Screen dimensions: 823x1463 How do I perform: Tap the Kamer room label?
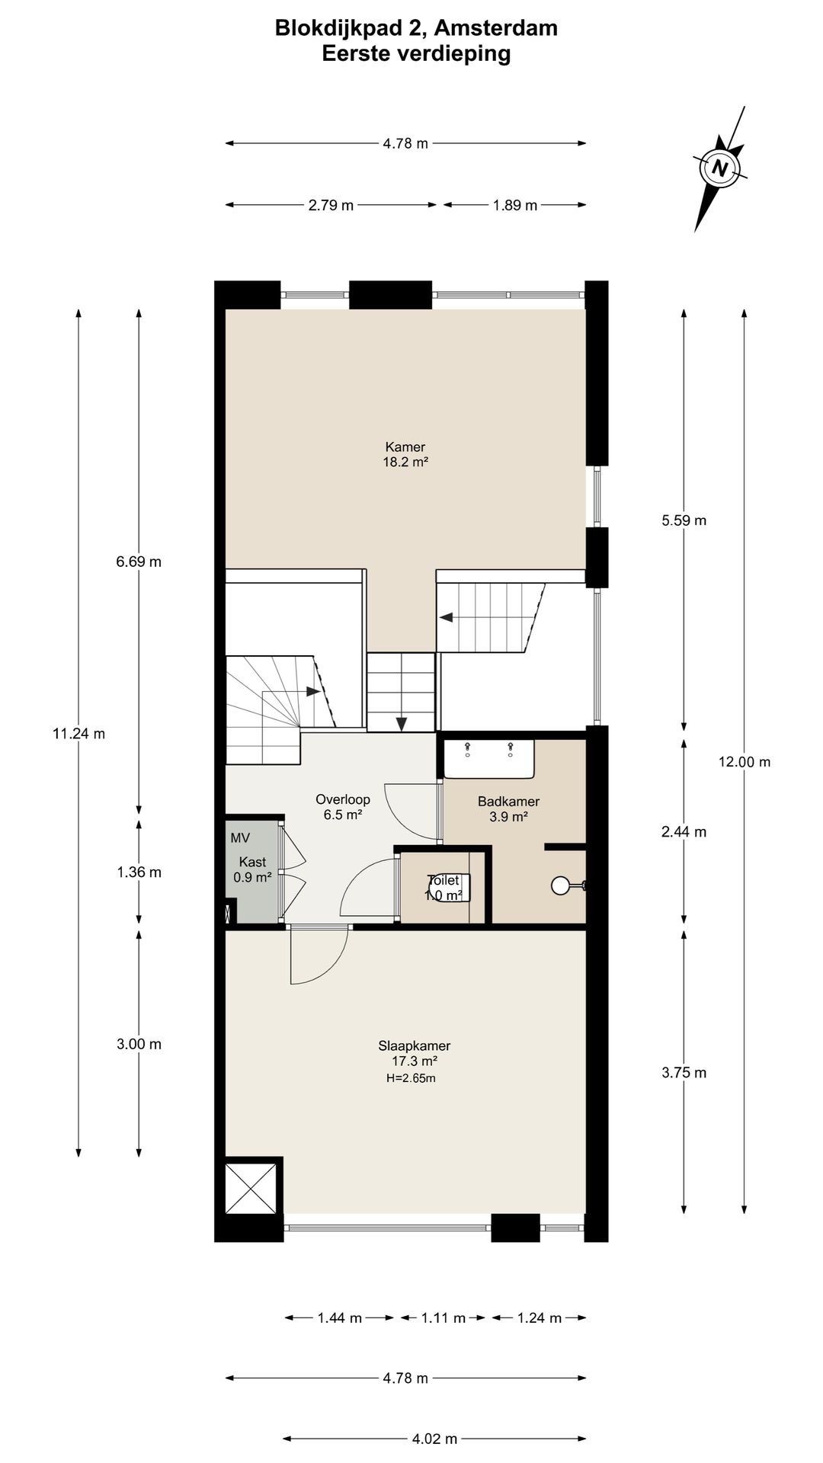[405, 447]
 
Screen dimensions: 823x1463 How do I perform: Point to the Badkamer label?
[509, 802]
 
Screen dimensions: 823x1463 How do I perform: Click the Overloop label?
[343, 799]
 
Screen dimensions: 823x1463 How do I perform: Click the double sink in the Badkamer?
[490, 759]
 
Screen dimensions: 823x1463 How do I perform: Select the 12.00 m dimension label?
[745, 761]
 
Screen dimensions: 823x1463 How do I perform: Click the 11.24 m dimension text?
[78, 734]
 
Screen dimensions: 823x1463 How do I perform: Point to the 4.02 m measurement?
[435, 1439]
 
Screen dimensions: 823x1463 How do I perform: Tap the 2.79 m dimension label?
[331, 205]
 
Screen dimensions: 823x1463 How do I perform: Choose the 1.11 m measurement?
[443, 1318]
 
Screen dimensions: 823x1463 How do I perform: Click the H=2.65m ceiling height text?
[411, 1078]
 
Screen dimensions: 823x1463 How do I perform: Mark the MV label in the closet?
[240, 838]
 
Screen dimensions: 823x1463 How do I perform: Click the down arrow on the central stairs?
[402, 723]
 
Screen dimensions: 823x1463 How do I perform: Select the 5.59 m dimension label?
[684, 520]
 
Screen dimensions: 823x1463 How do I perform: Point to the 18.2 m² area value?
[405, 462]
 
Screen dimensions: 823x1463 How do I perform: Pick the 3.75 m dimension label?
[684, 1073]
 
